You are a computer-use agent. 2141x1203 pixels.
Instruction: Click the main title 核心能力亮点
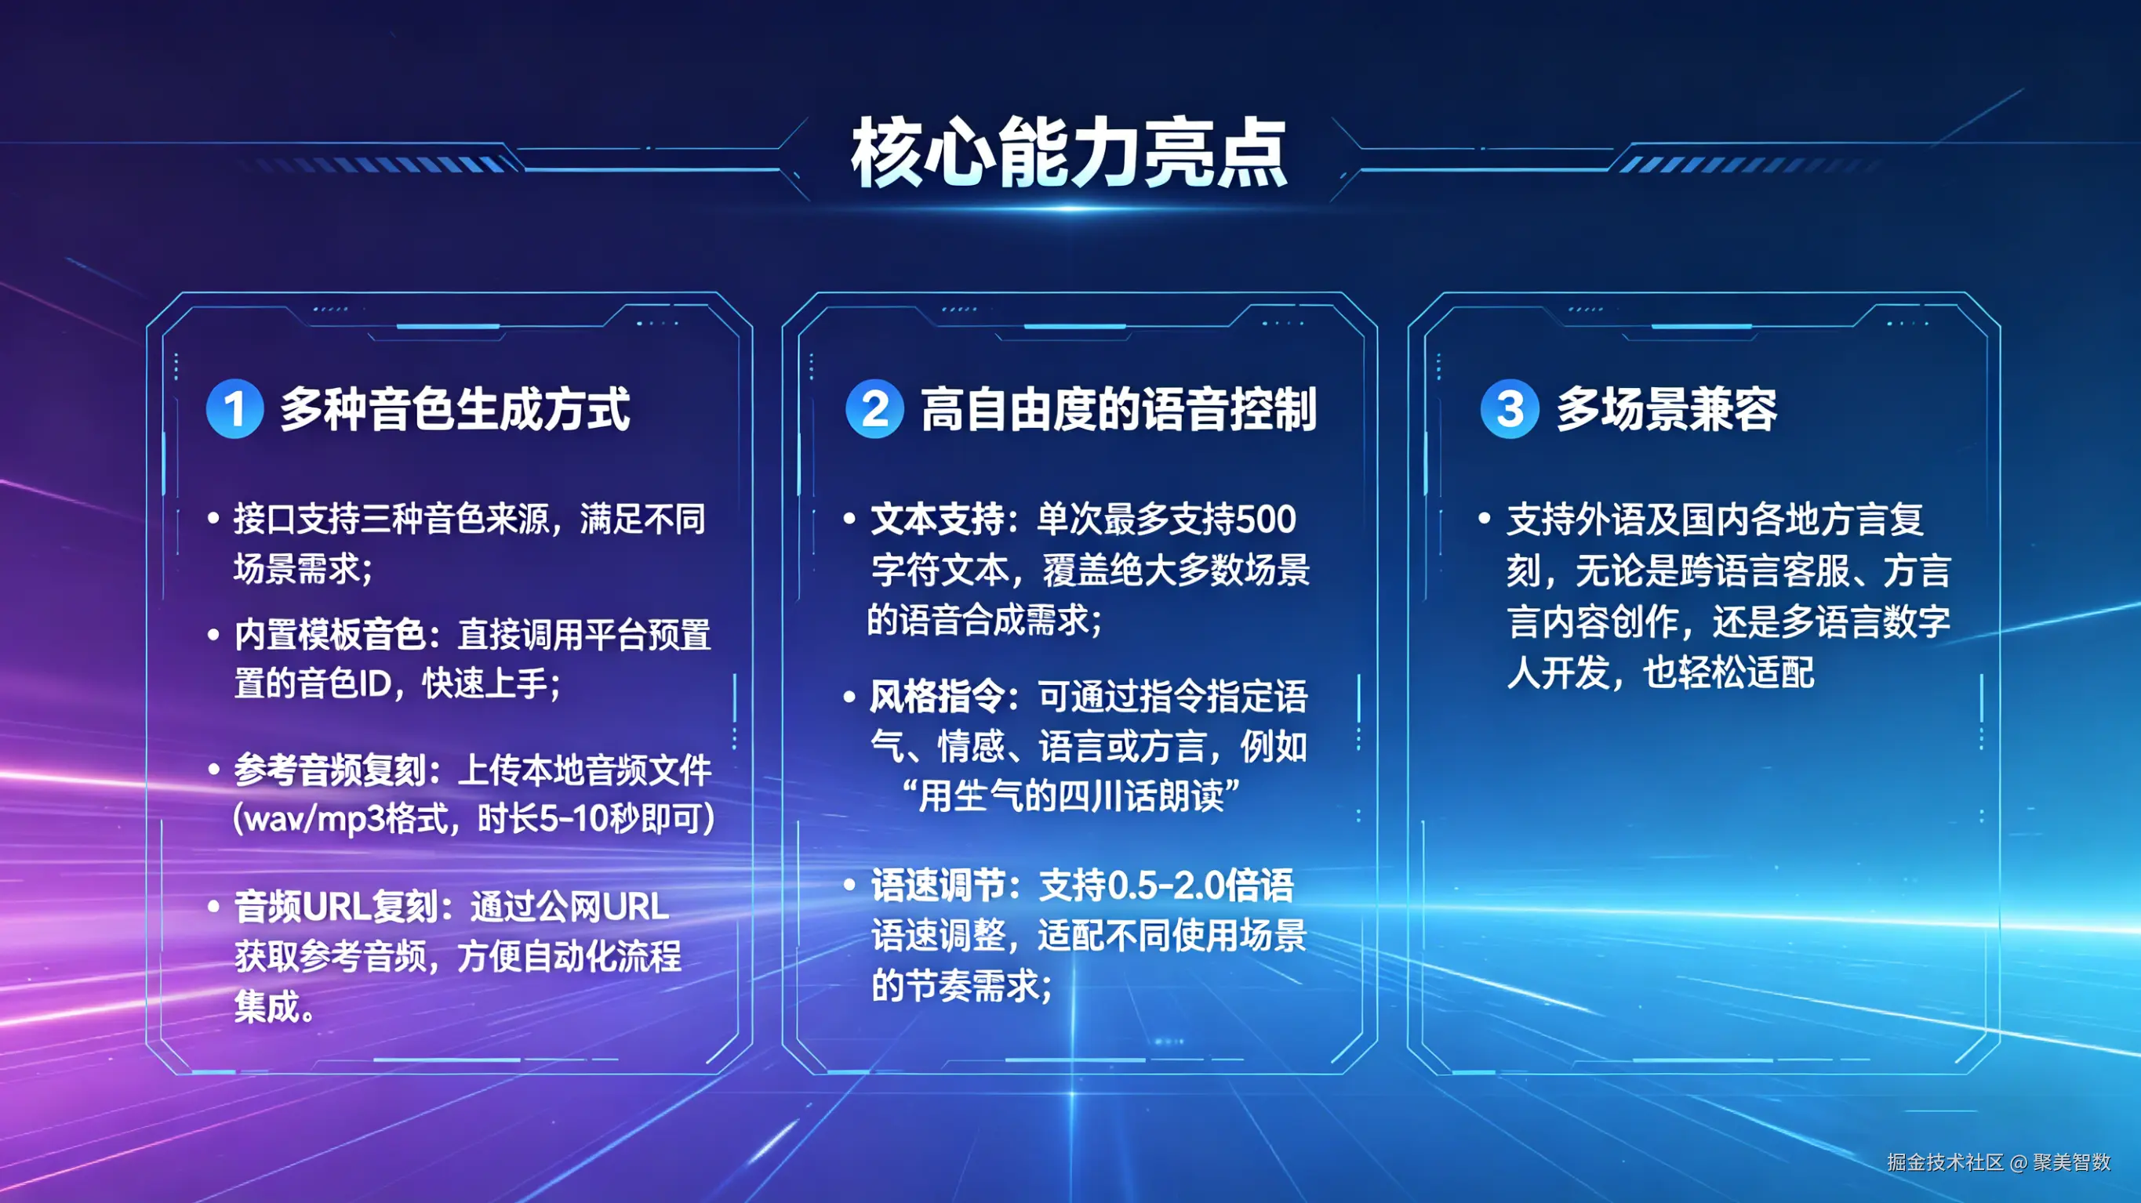[1069, 153]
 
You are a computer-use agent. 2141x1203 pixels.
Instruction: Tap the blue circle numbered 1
[235, 409]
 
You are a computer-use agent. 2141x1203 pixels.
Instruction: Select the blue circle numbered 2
[874, 409]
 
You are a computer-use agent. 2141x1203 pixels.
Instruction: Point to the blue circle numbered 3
[1510, 409]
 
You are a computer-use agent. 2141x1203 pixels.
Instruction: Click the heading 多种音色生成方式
[456, 410]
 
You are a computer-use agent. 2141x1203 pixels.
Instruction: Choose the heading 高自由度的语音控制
[1118, 410]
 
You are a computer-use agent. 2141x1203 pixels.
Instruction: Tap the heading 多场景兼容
[1667, 410]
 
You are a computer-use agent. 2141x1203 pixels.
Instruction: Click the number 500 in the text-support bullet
[1266, 520]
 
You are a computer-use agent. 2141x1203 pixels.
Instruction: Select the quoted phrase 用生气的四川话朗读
[1071, 796]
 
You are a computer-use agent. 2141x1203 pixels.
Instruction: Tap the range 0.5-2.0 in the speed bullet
[1167, 886]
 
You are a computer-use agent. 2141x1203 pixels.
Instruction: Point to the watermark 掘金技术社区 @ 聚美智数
[1998, 1161]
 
